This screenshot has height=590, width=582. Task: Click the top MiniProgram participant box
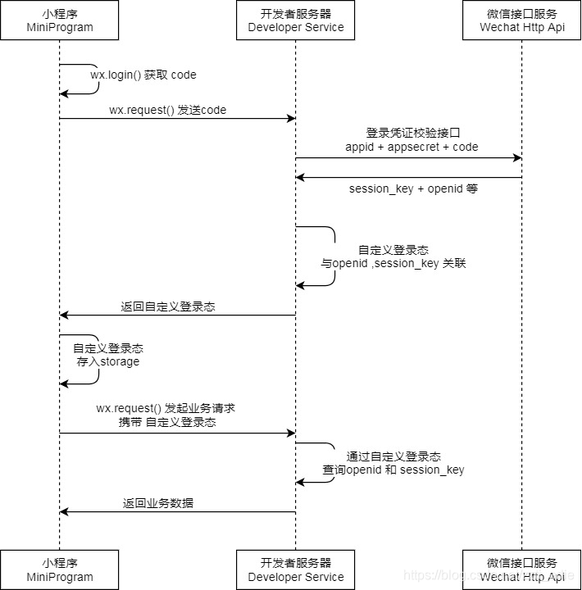click(59, 20)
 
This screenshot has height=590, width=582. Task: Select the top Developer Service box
click(296, 20)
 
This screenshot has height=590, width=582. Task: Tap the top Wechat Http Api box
click(522, 20)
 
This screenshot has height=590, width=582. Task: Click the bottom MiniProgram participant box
click(59, 570)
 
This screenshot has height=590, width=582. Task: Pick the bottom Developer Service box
click(296, 570)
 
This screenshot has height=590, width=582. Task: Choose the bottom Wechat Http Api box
click(522, 570)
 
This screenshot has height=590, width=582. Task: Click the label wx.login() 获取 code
click(143, 75)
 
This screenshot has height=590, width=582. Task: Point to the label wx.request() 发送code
click(168, 110)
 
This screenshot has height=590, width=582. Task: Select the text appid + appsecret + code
click(411, 147)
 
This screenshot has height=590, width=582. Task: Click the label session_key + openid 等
click(413, 188)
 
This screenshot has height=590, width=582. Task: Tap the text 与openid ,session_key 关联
click(393, 264)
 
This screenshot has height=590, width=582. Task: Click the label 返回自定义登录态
click(168, 306)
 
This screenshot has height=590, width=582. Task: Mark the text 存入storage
click(108, 361)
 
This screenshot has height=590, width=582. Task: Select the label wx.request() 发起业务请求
click(166, 408)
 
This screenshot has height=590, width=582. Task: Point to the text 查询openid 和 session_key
click(393, 470)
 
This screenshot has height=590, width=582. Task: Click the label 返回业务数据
click(158, 503)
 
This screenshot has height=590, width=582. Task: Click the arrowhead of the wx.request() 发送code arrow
click(291, 119)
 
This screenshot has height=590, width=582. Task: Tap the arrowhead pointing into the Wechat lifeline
click(517, 157)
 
